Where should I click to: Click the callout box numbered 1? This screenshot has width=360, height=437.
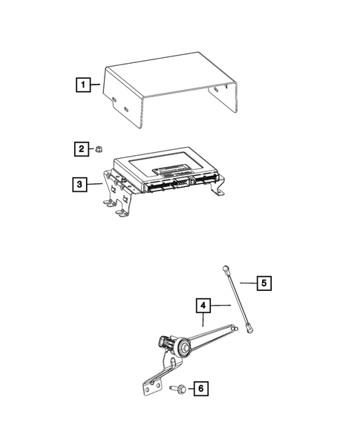(85, 85)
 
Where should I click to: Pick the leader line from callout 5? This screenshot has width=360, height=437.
(245, 283)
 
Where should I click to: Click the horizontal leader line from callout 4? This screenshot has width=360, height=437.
(219, 305)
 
